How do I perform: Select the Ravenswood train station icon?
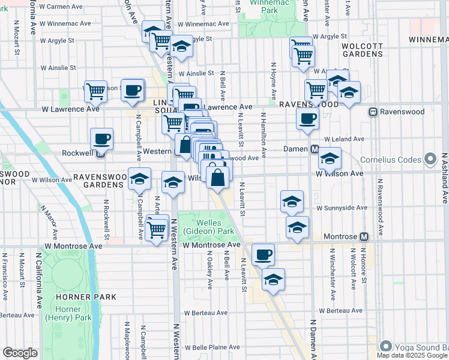pyautogui.click(x=373, y=112)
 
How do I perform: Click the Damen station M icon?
pyautogui.click(x=314, y=149)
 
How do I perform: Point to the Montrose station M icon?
pyautogui.click(x=364, y=237)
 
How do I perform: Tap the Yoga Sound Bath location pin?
pyautogui.click(x=385, y=347)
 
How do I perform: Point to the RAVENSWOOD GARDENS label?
pyautogui.click(x=100, y=181)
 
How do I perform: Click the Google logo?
pyautogui.click(x=20, y=353)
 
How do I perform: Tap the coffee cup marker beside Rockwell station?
pyautogui.click(x=101, y=139)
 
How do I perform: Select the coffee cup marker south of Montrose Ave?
pyautogui.click(x=263, y=254)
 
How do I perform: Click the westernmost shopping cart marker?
pyautogui.click(x=95, y=91)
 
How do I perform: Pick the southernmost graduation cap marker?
pyautogui.click(x=273, y=280)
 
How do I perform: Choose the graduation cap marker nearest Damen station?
pyautogui.click(x=330, y=158)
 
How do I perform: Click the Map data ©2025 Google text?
pyautogui.click(x=412, y=355)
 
